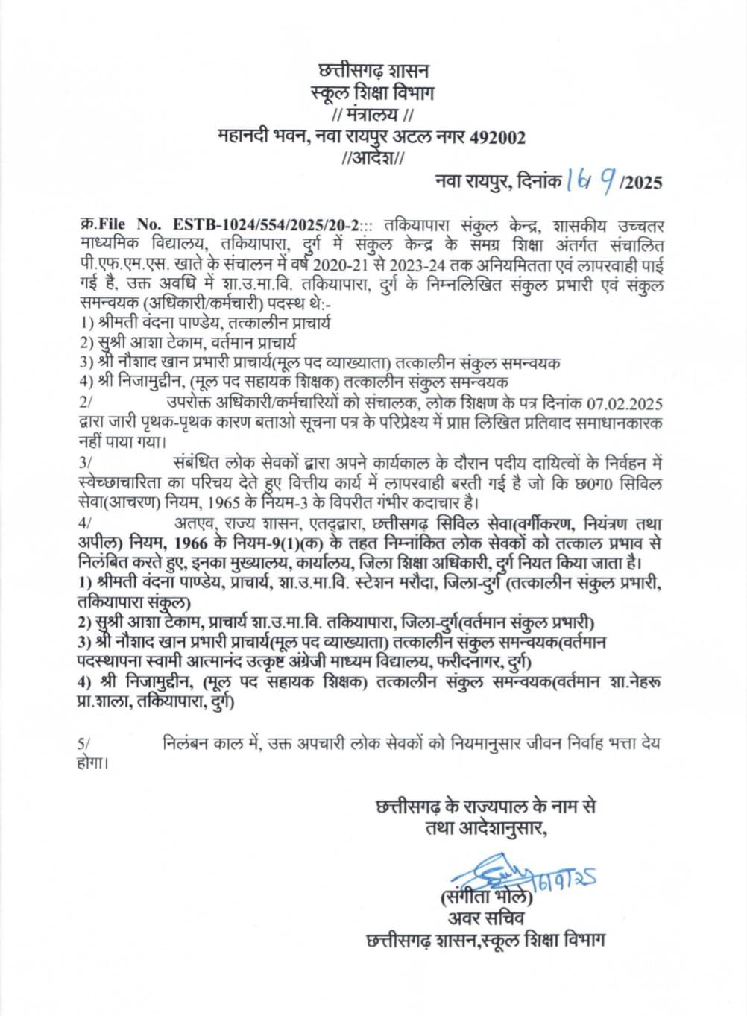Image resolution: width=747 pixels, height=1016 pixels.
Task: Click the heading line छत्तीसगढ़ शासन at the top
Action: coord(373,72)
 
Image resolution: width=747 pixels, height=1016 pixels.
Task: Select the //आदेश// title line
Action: coord(372,158)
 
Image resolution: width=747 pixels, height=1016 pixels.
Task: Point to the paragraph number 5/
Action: coord(83,744)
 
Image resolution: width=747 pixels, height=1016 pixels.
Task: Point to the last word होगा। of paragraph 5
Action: coord(92,763)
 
